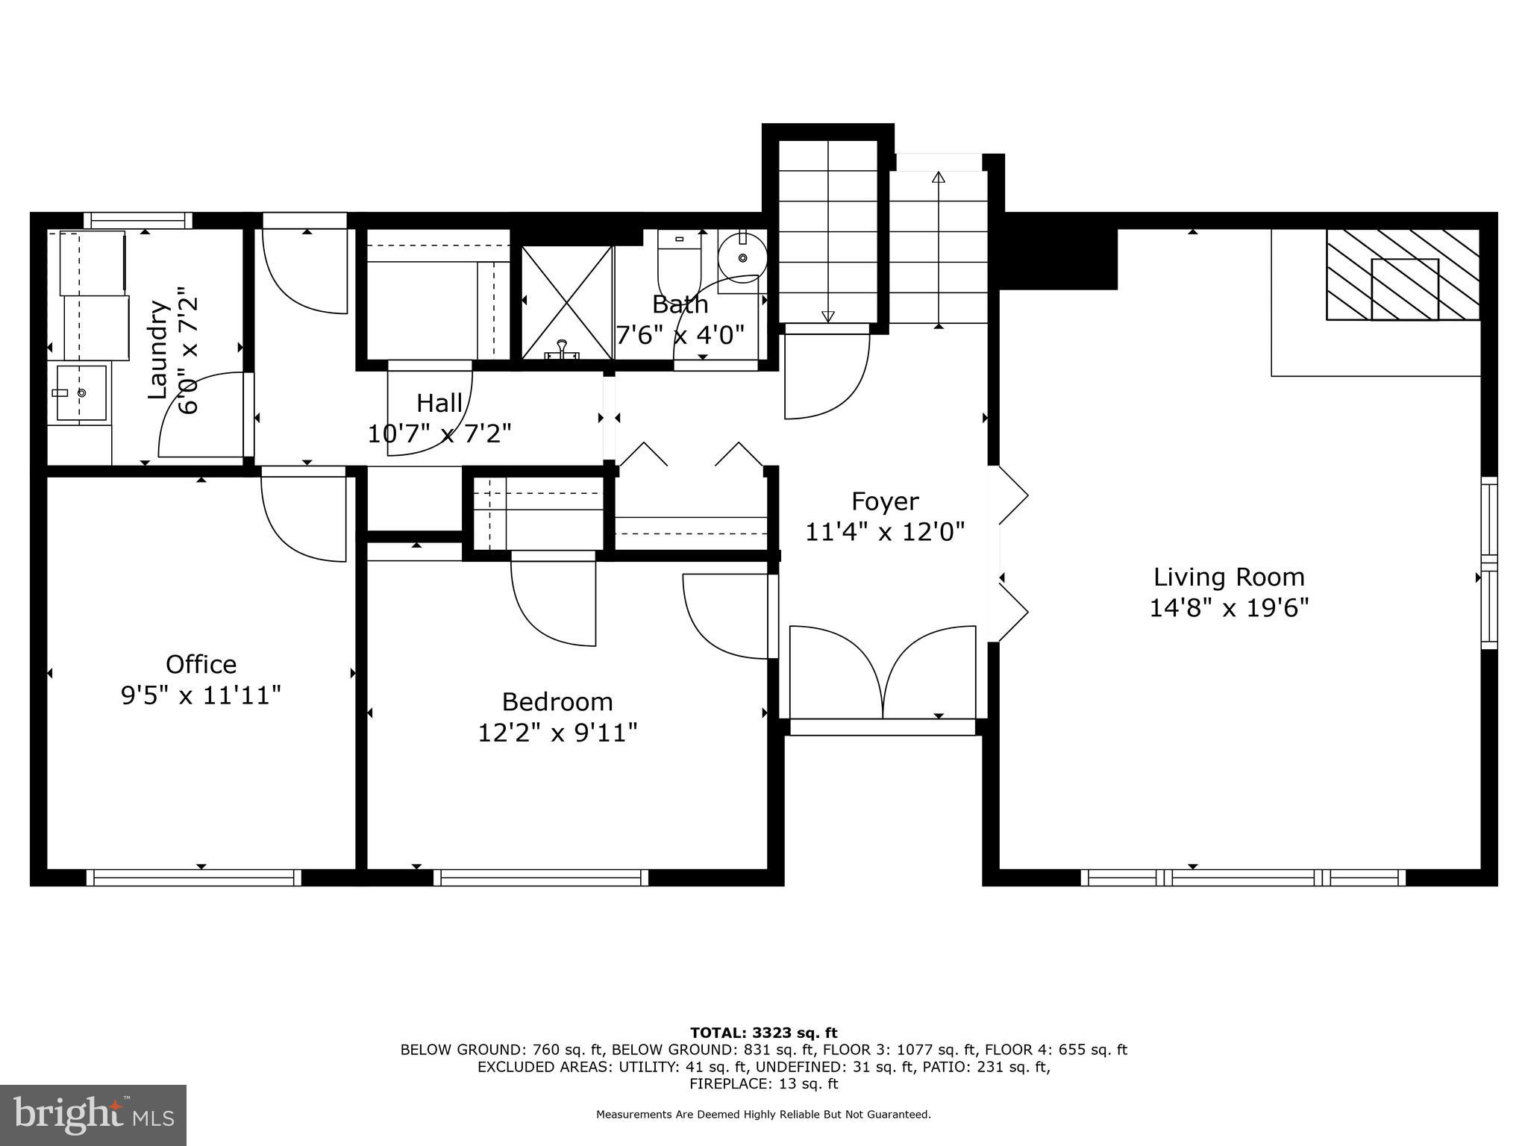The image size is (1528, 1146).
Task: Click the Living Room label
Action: click(x=1229, y=577)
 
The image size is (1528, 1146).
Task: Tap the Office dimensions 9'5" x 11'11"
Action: click(x=201, y=695)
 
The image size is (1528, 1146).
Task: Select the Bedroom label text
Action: click(x=557, y=702)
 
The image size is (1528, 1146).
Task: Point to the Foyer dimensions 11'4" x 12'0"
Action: click(x=885, y=532)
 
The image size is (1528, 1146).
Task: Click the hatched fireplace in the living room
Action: click(x=1403, y=275)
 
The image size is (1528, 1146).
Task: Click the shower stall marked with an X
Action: click(x=567, y=302)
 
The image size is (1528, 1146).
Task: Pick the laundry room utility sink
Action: click(x=81, y=392)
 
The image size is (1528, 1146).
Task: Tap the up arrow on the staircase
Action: click(x=939, y=178)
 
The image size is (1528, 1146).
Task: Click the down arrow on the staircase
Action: click(x=828, y=316)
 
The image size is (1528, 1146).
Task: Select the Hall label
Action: click(x=439, y=403)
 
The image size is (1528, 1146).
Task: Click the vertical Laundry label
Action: click(x=157, y=349)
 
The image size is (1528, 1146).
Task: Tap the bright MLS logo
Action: click(x=93, y=1114)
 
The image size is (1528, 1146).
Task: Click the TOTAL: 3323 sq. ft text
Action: click(x=763, y=1033)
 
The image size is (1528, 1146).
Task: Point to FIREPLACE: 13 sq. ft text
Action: click(x=763, y=1083)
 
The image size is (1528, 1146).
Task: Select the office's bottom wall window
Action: click(x=194, y=877)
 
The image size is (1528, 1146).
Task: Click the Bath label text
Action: click(x=680, y=304)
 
